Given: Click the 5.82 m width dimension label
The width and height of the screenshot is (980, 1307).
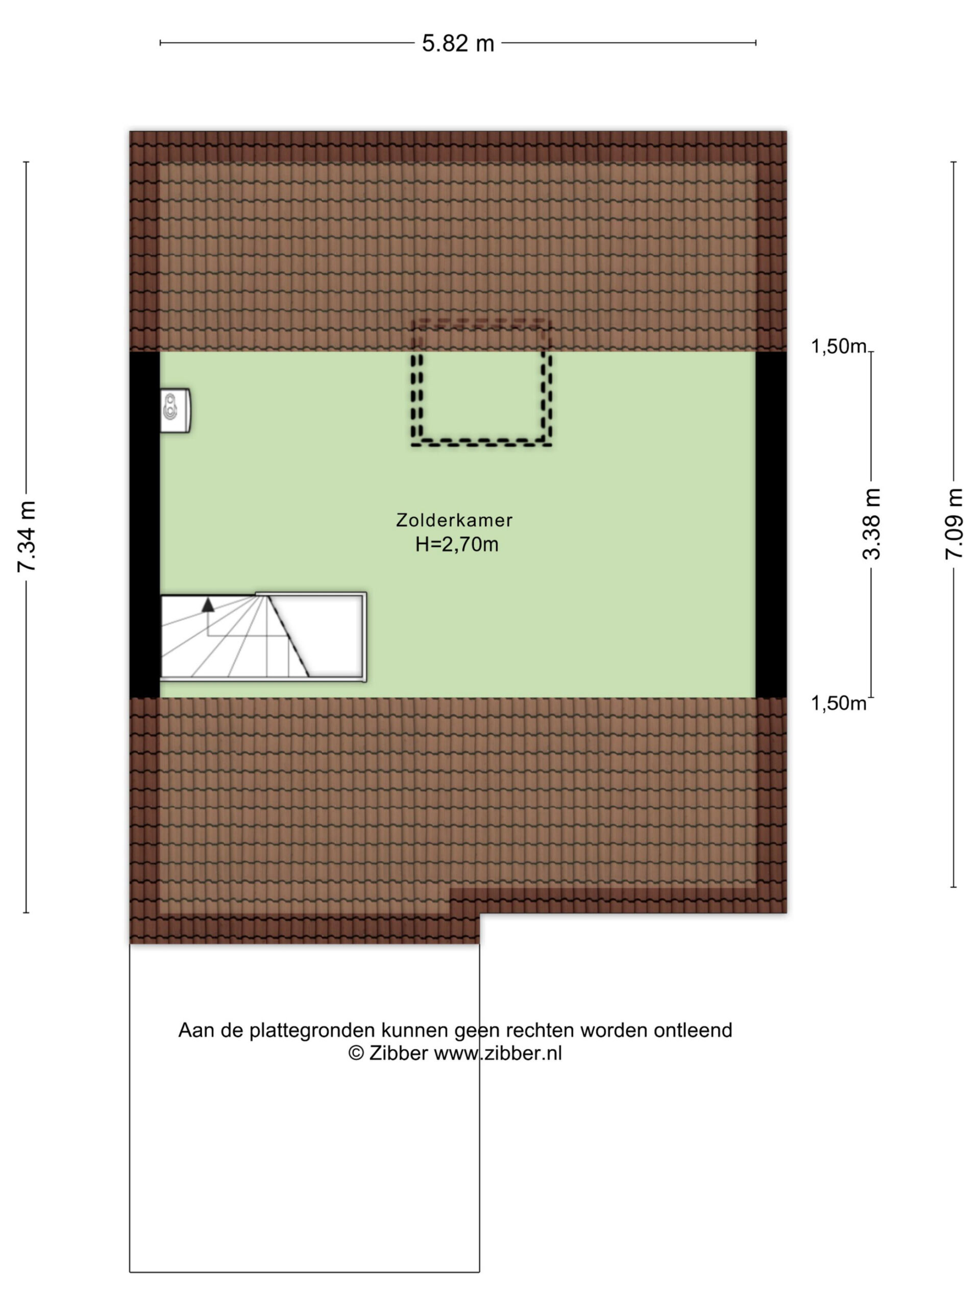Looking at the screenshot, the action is pos(458,43).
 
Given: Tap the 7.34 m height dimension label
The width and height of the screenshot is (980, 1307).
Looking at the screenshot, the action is pos(28,536).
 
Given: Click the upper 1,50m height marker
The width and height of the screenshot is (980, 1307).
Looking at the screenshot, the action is pos(838,346).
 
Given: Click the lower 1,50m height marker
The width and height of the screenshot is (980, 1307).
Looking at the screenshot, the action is pos(838,703).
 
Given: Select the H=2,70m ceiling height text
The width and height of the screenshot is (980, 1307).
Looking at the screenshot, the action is pos(457,544).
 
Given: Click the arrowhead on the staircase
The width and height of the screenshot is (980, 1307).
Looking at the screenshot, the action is pos(208,604).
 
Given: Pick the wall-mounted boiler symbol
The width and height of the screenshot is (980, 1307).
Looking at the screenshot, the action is pos(176,410).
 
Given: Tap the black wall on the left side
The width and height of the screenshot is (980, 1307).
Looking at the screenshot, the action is pos(145,525).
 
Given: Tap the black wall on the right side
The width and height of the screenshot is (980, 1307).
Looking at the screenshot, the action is pos(771,525).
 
